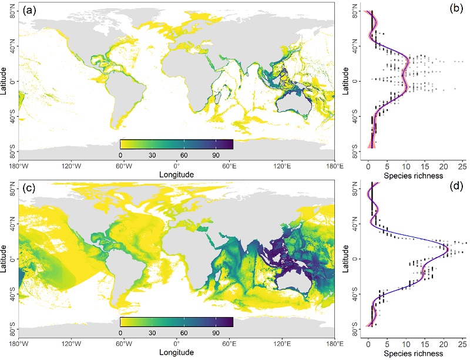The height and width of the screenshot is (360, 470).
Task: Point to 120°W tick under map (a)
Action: [x=71, y=165]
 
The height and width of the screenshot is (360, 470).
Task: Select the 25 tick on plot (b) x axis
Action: [x=462, y=165]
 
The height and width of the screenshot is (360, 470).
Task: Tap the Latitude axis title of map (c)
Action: [x=4, y=258]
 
